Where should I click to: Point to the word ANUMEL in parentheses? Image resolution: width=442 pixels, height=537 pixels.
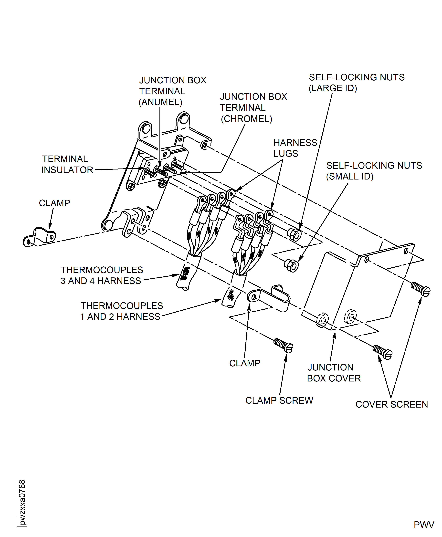(x=160, y=102)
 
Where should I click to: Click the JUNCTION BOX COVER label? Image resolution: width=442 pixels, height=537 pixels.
(x=334, y=373)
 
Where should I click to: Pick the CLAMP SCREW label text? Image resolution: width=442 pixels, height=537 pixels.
(x=279, y=400)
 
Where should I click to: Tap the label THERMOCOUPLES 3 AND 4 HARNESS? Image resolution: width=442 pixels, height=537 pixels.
(x=101, y=275)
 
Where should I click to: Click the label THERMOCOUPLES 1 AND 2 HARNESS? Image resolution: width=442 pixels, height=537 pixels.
(x=121, y=311)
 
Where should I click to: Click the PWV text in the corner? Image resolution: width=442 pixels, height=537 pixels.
(x=424, y=525)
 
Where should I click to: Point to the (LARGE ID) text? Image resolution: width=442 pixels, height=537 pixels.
(x=333, y=88)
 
